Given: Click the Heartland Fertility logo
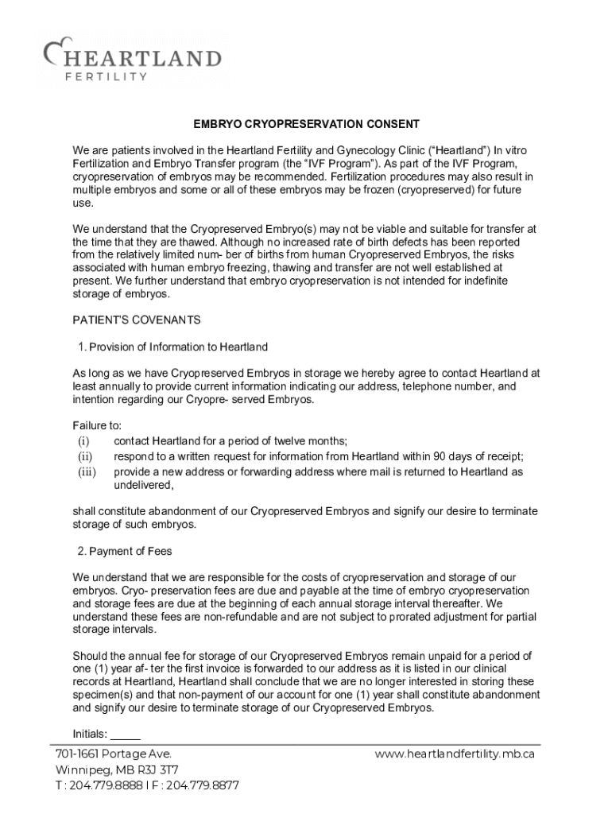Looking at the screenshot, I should (x=132, y=59).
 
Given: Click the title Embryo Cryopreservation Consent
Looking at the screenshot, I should (x=306, y=125).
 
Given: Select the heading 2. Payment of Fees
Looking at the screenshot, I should (x=125, y=551).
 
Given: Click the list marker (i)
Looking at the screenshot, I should (x=83, y=441).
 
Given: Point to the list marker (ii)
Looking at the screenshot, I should (x=85, y=456).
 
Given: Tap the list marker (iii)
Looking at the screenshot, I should (x=87, y=471).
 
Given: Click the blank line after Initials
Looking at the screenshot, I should (x=125, y=734).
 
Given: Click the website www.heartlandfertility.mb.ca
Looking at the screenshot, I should (x=455, y=754).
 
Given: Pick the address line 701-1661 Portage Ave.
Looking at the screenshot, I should (x=114, y=754).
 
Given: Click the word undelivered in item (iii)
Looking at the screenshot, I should (x=143, y=484).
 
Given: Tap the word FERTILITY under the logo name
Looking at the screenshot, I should (x=106, y=76).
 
